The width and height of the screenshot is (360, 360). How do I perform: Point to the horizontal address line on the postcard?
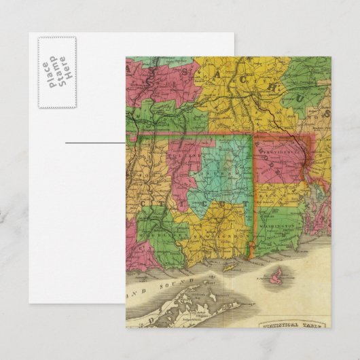95,143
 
